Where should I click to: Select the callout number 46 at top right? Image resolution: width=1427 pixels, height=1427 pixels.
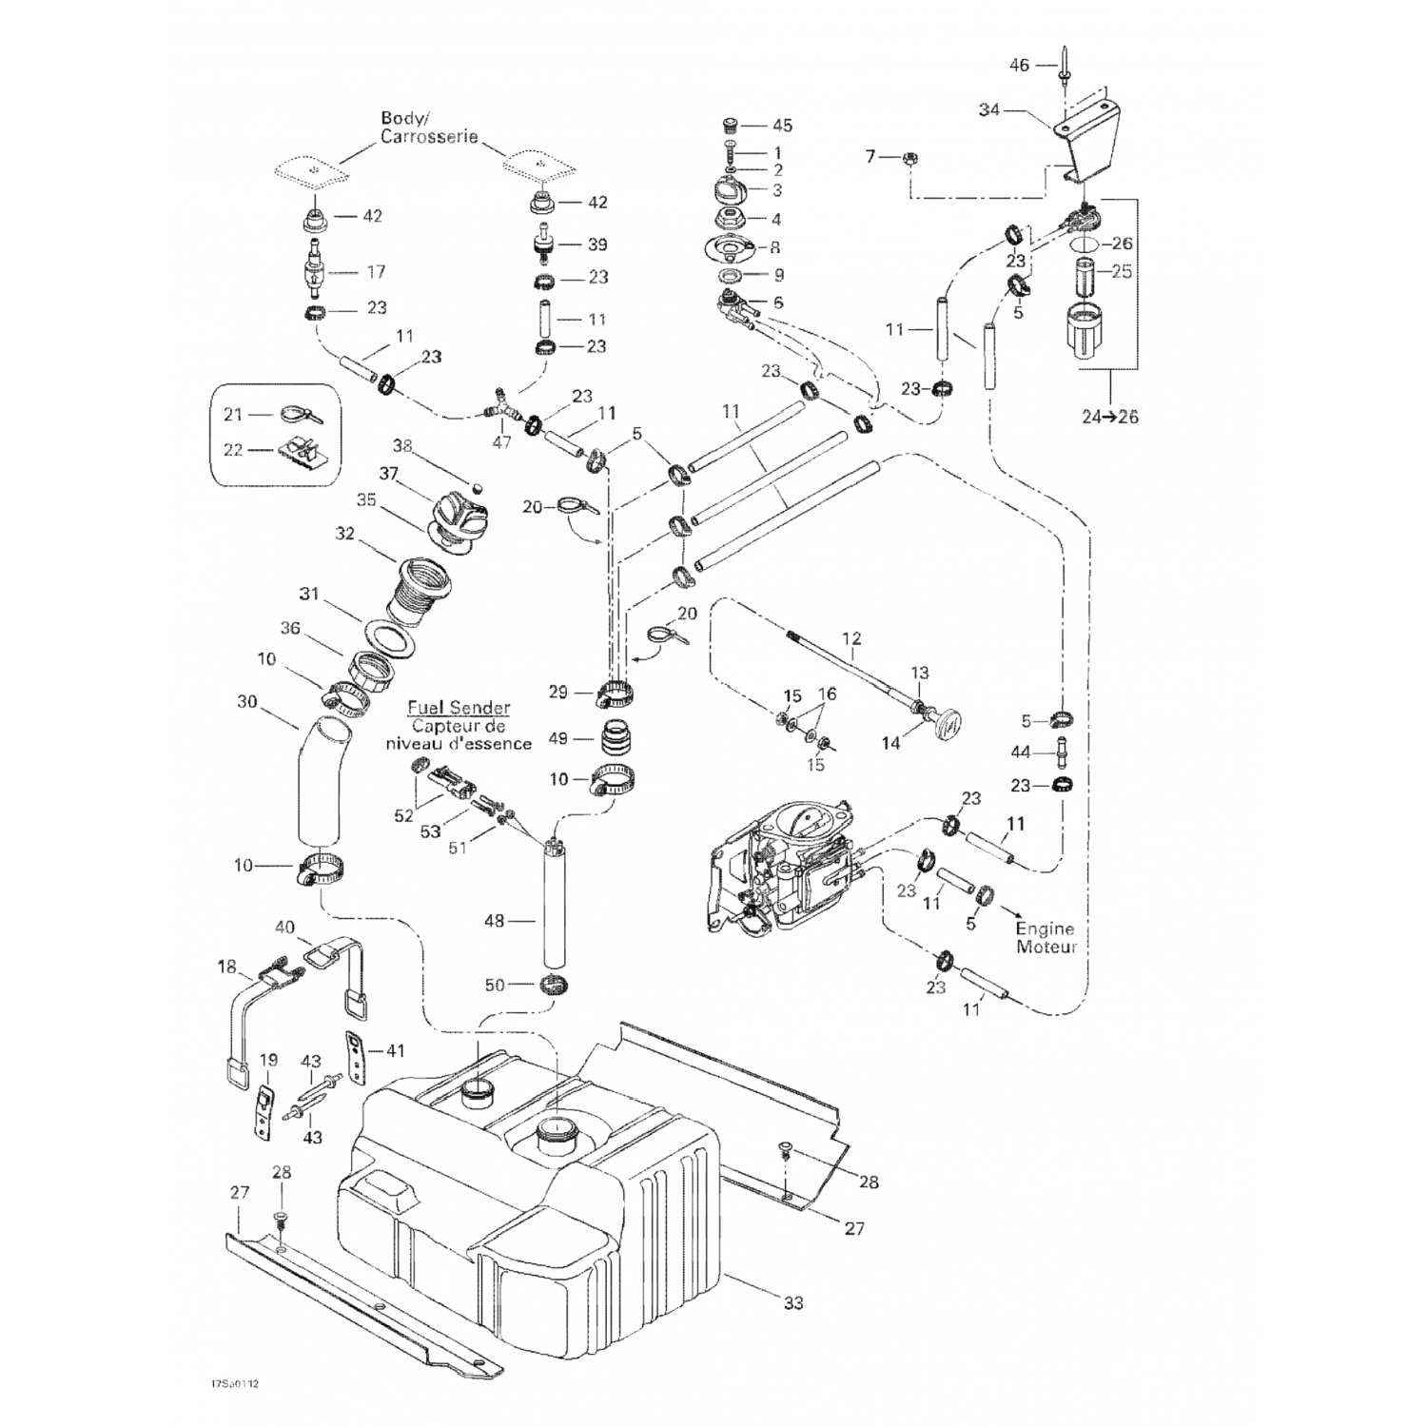tap(1019, 65)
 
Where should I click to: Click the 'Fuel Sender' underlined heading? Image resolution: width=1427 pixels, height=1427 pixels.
tap(459, 709)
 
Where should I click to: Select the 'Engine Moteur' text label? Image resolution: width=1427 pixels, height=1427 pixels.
tap(1046, 938)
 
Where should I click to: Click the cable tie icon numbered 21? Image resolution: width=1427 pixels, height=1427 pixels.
tap(298, 415)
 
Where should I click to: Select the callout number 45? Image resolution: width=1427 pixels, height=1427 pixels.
tap(782, 126)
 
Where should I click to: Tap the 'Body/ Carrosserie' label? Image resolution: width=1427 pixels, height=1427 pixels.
tap(429, 127)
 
